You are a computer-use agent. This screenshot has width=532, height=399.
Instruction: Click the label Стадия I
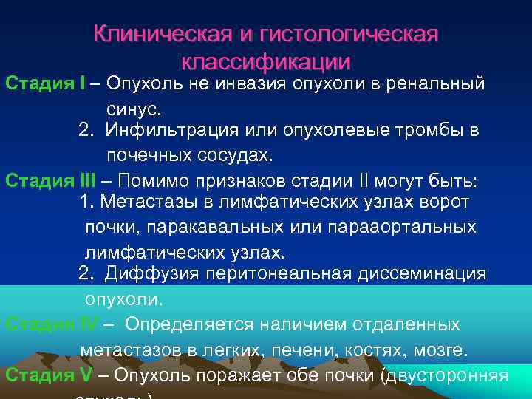[x=45, y=83]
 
